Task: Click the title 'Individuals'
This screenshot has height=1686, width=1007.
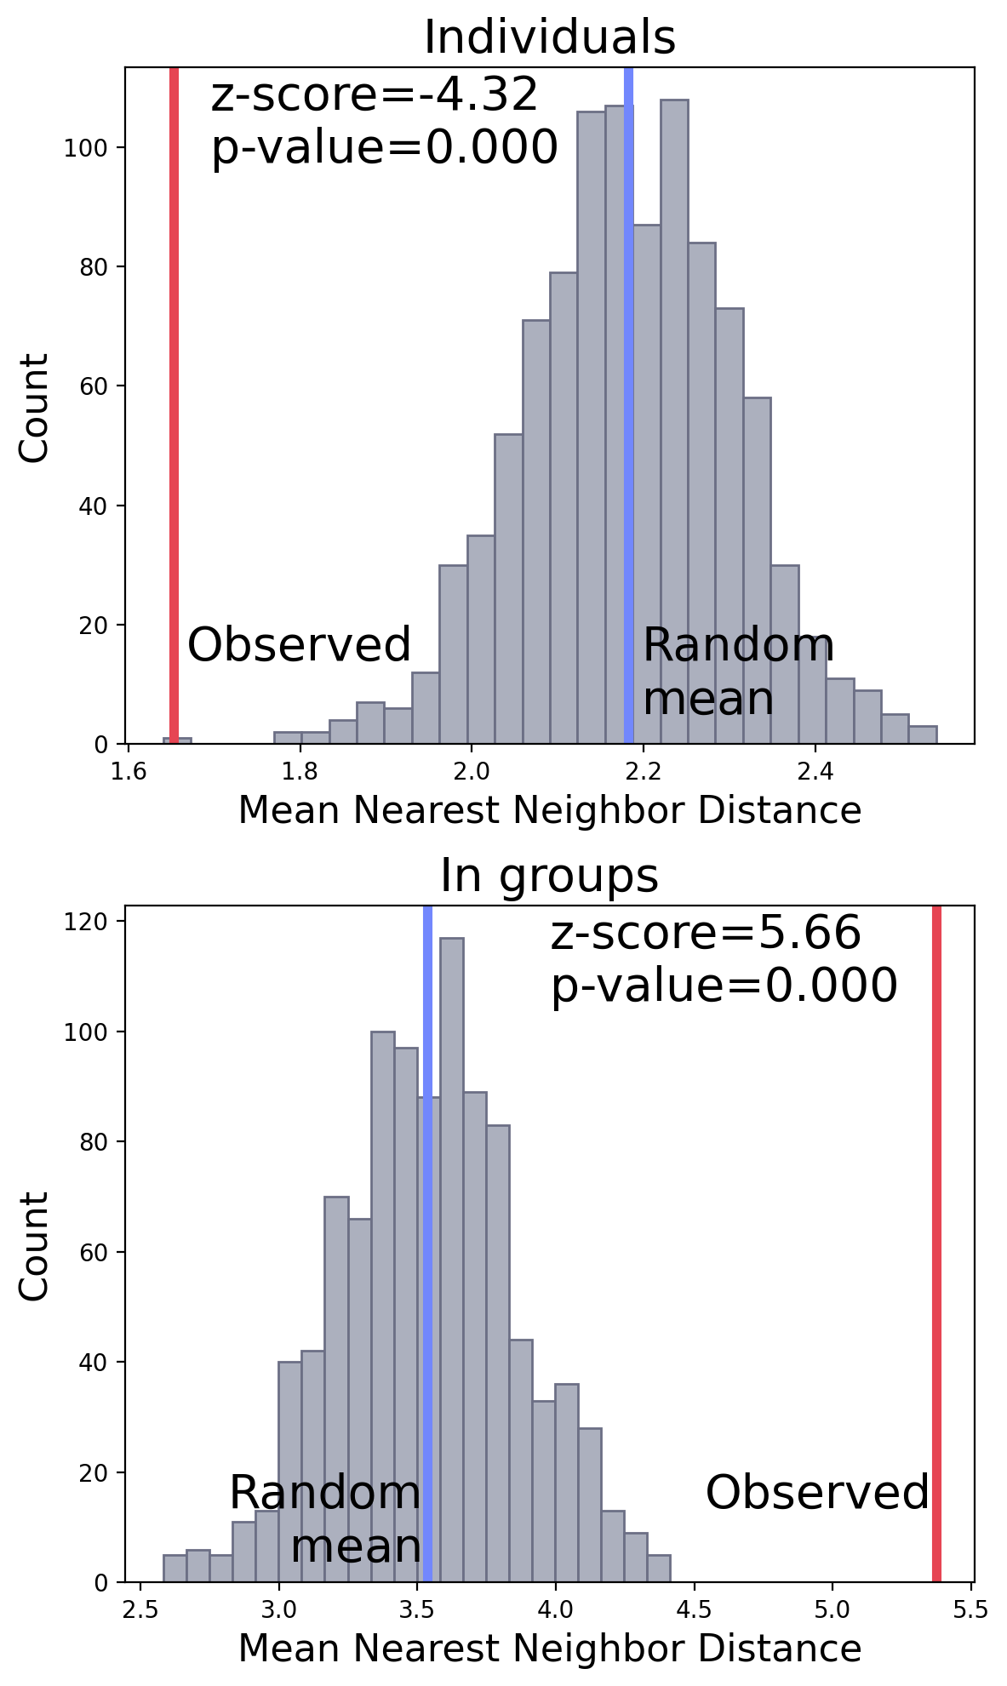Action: (549, 38)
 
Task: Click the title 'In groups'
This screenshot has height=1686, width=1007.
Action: (549, 876)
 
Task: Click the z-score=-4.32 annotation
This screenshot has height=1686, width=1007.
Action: (375, 94)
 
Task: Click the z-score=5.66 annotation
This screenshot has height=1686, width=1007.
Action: (706, 933)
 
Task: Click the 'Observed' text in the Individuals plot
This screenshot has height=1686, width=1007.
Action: (299, 645)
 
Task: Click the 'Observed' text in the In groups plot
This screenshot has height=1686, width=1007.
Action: (817, 1493)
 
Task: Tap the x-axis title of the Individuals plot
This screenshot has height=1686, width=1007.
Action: (549, 810)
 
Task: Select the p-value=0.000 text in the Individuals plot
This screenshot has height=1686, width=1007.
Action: (384, 147)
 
